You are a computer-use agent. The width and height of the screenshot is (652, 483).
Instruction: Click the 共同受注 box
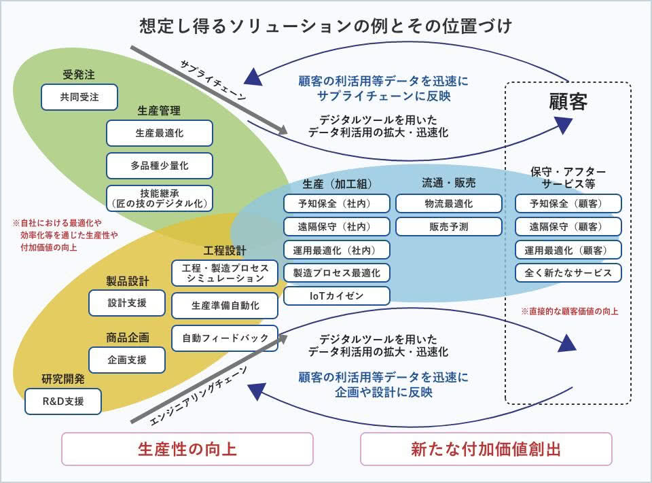coord(79,97)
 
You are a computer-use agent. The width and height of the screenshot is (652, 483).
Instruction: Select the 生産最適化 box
coord(159,133)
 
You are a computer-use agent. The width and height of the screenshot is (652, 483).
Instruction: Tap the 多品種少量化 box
coord(159,166)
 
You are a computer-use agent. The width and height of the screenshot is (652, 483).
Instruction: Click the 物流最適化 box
coord(448,203)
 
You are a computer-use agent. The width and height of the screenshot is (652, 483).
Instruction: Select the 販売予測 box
coord(448,226)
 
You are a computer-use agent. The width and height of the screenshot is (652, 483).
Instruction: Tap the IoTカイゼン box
coord(337,296)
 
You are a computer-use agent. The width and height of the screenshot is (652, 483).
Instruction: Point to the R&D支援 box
coord(63,401)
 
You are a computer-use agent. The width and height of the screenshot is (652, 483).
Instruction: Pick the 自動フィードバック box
coord(225,337)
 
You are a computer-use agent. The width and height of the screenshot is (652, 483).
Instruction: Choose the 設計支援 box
coord(127,303)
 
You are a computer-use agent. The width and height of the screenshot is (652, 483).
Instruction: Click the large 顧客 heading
coord(568,102)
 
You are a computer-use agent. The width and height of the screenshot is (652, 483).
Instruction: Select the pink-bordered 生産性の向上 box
coord(187,449)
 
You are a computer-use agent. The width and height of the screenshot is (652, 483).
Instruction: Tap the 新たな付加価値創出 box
coord(486,449)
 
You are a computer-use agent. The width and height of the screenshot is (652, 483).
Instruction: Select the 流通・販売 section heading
coord(448,183)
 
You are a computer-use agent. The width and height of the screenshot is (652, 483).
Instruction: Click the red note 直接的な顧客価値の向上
coord(569,311)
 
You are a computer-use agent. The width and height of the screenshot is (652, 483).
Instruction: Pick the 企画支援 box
coord(127,360)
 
